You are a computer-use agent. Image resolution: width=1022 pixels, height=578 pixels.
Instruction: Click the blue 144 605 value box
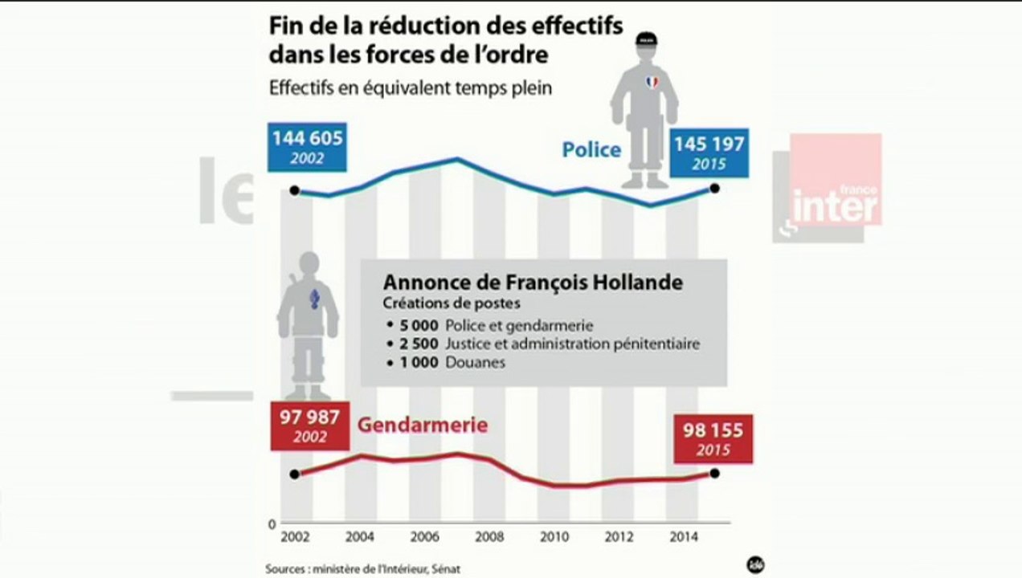click(x=307, y=147)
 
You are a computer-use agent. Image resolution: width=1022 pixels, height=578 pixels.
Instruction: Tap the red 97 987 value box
click(x=309, y=426)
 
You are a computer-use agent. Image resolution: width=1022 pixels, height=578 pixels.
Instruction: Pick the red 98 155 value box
click(x=713, y=439)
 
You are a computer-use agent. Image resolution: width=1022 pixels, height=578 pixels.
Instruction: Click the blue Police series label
click(x=591, y=150)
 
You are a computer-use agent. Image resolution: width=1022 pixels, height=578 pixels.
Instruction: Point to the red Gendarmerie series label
click(x=422, y=425)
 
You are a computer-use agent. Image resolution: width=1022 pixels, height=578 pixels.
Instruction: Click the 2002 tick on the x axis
click(x=294, y=536)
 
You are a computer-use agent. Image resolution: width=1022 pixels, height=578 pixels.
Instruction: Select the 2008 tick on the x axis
click(x=489, y=536)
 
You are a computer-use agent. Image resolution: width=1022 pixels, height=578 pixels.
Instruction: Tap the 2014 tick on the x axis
click(x=683, y=536)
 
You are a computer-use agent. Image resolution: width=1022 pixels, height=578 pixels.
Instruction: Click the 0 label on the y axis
click(x=272, y=523)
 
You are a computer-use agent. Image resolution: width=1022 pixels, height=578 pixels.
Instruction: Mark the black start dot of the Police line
click(x=295, y=190)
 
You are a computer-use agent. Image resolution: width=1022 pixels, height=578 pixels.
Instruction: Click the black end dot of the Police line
click(x=714, y=189)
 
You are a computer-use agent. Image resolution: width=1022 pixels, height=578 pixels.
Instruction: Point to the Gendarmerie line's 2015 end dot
click(x=714, y=472)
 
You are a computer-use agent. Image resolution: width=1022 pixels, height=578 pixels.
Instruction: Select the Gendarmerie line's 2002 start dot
click(x=295, y=474)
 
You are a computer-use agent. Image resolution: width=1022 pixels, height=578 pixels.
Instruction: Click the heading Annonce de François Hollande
click(x=533, y=283)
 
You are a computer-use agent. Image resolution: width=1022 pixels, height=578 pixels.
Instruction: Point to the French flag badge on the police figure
click(x=651, y=82)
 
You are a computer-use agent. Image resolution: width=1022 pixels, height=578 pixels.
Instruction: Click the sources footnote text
click(x=363, y=568)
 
